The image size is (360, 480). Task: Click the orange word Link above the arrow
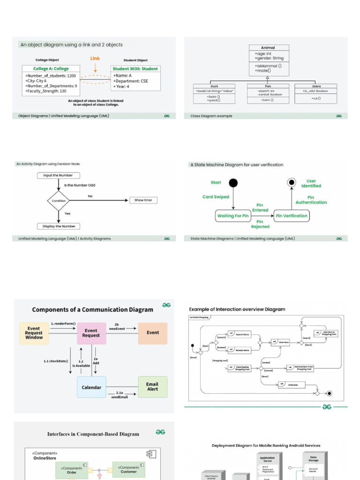pos(95,59)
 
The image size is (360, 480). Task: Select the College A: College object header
pos(51,68)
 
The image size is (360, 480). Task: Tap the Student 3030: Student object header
pos(135,68)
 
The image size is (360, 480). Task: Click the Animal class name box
pos(268,47)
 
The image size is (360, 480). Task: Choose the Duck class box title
pos(214,86)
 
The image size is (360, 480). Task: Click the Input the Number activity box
pos(58,175)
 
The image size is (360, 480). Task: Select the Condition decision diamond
pos(59,201)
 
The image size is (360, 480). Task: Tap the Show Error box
pos(143,200)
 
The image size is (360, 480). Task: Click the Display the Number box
pos(59,226)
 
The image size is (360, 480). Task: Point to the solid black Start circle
pos(233,183)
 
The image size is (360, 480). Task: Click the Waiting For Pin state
pos(233,216)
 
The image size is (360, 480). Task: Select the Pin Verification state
pos(292,216)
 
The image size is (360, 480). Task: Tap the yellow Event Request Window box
pos(34,333)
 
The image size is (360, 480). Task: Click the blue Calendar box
pos(91,387)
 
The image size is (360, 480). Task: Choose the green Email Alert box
pos(152,387)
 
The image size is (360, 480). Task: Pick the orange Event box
pos(152,333)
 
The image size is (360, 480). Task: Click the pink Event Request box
pos(91,333)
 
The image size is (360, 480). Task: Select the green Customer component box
pos(128,470)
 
